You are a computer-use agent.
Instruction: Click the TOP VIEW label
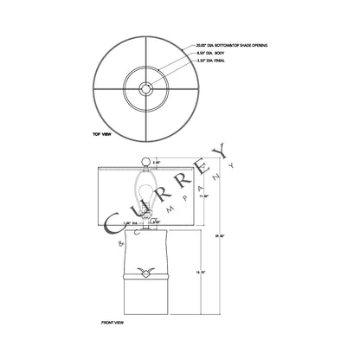pos(102,136)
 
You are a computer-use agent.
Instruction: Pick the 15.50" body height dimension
pos(204,272)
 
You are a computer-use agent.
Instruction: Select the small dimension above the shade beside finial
pos(157,162)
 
